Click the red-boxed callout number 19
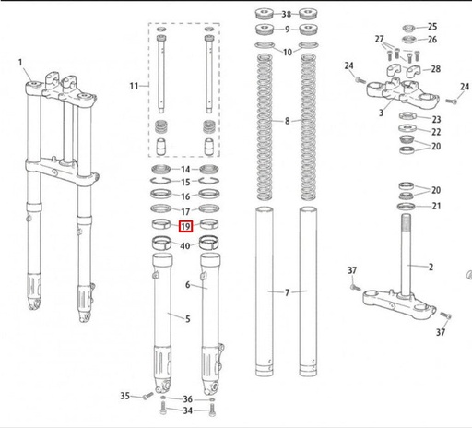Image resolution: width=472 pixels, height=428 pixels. [x=185, y=227]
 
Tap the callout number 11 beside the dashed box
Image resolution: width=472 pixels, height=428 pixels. [x=134, y=86]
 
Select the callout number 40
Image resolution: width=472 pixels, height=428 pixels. [x=185, y=245]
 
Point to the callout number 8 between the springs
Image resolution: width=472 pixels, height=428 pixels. [x=287, y=121]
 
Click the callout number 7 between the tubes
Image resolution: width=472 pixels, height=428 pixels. [x=287, y=292]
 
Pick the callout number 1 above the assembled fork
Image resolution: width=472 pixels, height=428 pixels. [x=20, y=63]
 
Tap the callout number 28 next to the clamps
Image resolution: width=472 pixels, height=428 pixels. [x=436, y=69]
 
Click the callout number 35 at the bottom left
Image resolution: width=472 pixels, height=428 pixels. [x=124, y=396]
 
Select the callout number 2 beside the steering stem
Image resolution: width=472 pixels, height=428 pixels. [x=431, y=267]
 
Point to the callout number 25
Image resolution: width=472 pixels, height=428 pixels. [x=432, y=27]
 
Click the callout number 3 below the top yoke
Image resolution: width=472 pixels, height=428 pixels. [x=381, y=113]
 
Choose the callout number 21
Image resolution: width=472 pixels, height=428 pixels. [x=436, y=206]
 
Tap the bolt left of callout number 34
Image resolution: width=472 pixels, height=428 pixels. [x=163, y=409]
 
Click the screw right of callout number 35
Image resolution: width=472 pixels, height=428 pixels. [x=147, y=396]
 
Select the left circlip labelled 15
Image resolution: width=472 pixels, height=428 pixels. [x=160, y=181]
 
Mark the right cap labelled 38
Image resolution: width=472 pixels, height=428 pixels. [x=308, y=14]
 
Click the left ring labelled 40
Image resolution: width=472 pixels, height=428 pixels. [x=162, y=243]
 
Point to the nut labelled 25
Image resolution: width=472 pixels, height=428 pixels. [x=408, y=29]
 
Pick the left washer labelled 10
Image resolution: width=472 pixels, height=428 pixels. [x=265, y=45]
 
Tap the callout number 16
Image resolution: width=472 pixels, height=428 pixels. [x=185, y=196]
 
